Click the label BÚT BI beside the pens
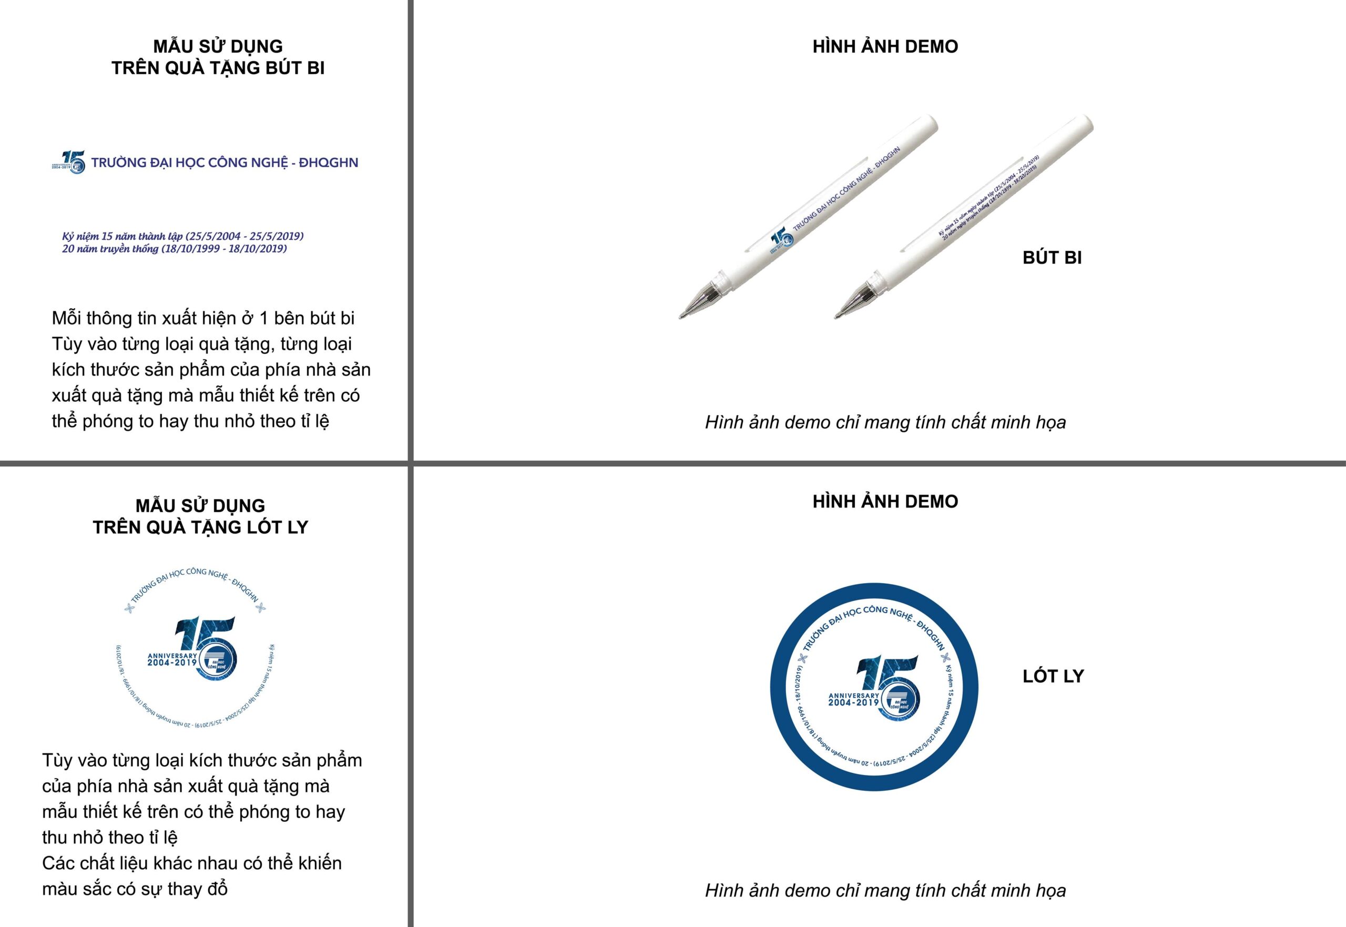pyautogui.click(x=1052, y=258)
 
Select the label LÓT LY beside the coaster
pyautogui.click(x=1053, y=676)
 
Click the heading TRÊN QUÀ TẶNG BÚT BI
pyautogui.click(x=218, y=68)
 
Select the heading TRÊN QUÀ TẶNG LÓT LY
pyautogui.click(x=200, y=527)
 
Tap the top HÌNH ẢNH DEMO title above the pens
pyautogui.click(x=885, y=46)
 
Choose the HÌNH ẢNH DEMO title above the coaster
pyautogui.click(x=885, y=501)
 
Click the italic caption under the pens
pyautogui.click(x=885, y=422)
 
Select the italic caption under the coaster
pyautogui.click(x=885, y=890)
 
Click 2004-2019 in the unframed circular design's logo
pyautogui.click(x=172, y=662)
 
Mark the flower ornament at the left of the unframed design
pyautogui.click(x=129, y=608)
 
